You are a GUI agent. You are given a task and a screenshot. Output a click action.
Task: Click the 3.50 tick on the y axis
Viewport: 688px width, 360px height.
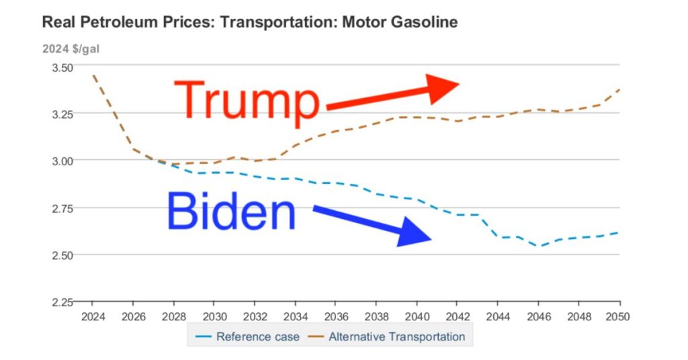[62, 67]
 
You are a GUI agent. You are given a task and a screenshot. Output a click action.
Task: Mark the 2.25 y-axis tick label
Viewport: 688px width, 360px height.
[62, 302]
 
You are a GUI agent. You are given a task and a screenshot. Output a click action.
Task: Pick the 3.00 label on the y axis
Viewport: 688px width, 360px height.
[62, 161]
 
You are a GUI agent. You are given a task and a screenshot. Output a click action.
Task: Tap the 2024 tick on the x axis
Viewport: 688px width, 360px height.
[92, 316]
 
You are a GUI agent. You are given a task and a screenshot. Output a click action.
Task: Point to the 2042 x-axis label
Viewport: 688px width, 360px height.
[458, 316]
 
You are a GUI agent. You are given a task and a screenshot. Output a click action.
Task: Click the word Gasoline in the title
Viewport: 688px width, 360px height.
[426, 22]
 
